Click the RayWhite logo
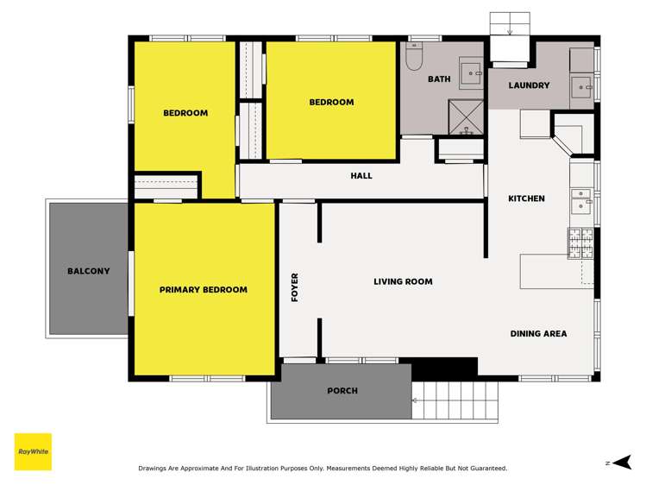(33, 451)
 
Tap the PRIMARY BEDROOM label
(204, 290)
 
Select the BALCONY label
(89, 271)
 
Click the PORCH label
(342, 391)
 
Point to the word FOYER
(295, 287)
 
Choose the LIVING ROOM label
(403, 281)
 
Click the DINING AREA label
(538, 333)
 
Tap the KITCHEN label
(526, 198)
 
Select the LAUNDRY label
(529, 85)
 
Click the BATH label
(439, 79)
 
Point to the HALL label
(361, 176)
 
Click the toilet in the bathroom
(414, 57)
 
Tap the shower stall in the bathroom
(467, 117)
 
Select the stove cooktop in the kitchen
(580, 243)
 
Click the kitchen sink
(581, 200)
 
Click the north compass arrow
(623, 463)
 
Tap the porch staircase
(455, 400)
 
